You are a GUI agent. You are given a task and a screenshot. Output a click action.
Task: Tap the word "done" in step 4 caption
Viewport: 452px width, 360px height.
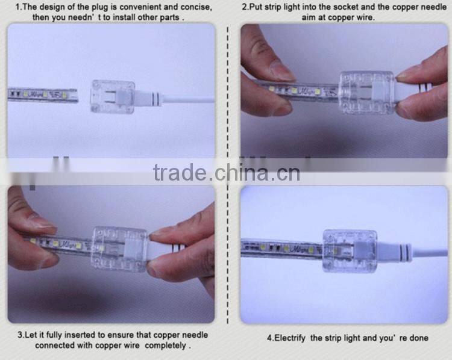point(418,338)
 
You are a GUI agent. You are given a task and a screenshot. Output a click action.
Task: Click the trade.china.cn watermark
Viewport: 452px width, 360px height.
point(226,173)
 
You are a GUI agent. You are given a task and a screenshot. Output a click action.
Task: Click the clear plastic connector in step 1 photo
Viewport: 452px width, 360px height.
point(113,96)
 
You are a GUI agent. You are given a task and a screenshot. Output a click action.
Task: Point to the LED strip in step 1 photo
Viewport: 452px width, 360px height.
point(42,95)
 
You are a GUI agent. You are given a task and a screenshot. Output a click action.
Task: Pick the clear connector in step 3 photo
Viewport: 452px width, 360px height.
point(119,248)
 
